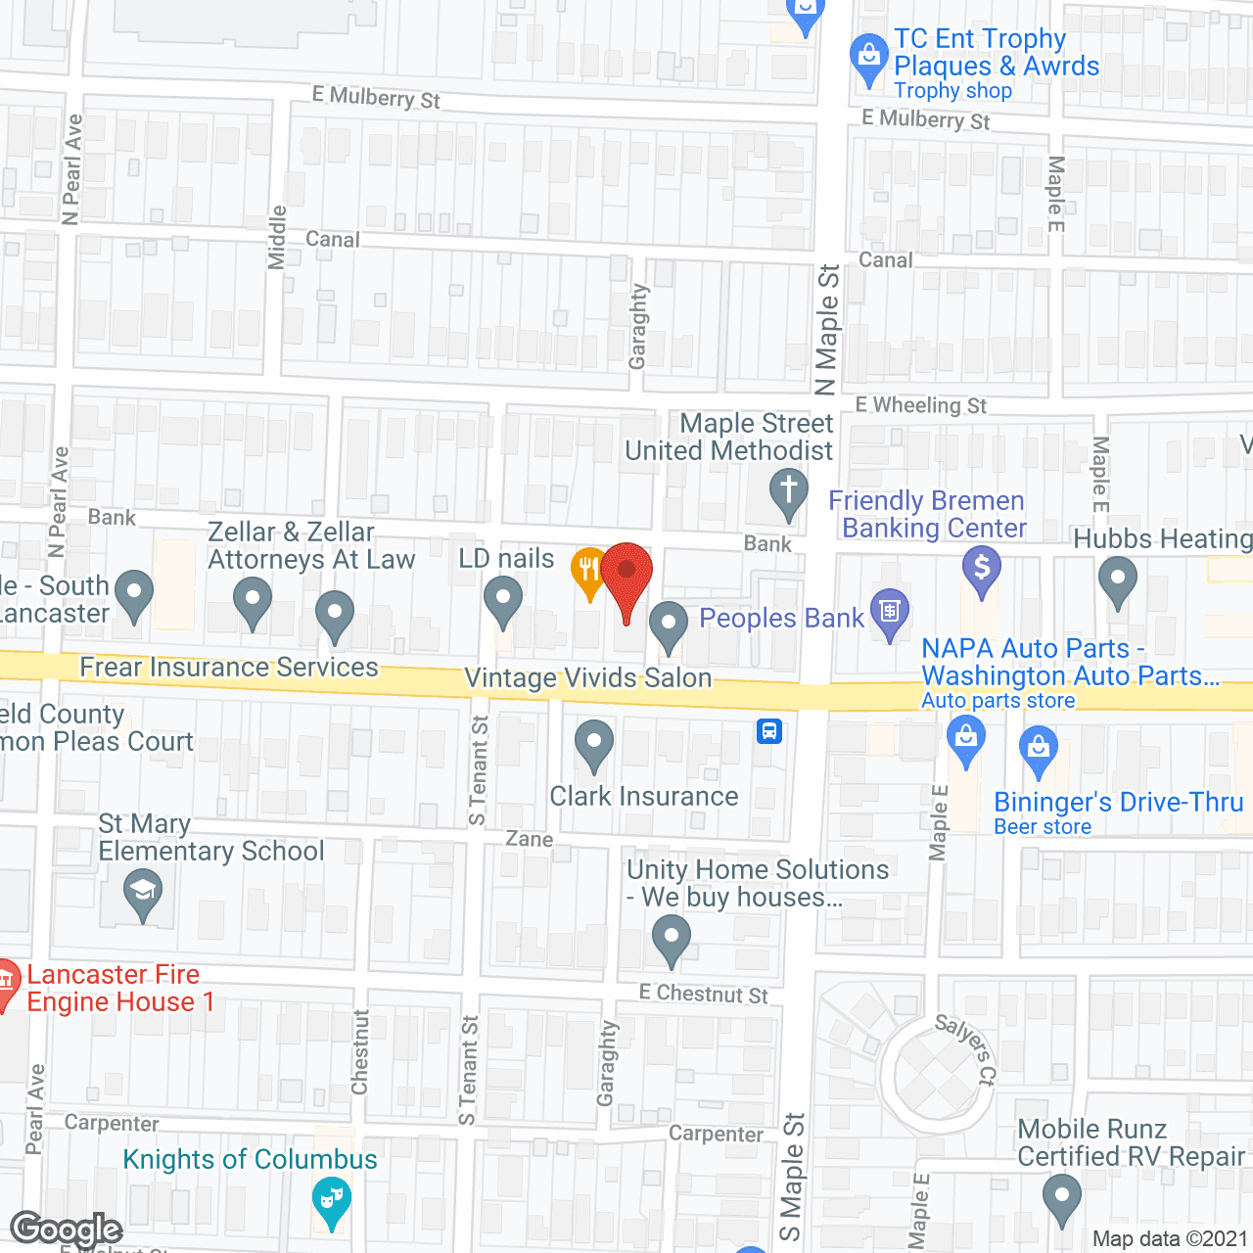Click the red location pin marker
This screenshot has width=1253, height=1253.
[x=626, y=572]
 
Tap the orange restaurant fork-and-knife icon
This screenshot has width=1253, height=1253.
[x=588, y=571]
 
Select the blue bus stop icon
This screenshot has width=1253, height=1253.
[x=769, y=730]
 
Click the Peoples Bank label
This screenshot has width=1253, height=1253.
[x=781, y=619]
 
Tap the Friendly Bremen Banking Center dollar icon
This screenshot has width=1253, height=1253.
[x=981, y=568]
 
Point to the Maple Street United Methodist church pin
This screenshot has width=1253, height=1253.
[x=788, y=490]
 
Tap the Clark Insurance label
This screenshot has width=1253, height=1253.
[x=643, y=797]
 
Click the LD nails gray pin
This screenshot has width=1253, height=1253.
[x=503, y=598]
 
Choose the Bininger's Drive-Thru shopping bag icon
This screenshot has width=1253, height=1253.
[x=1039, y=748]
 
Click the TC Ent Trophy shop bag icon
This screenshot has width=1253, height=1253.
[x=868, y=57]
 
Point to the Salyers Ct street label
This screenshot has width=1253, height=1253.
[x=965, y=1049]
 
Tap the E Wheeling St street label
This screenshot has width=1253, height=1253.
[x=920, y=405]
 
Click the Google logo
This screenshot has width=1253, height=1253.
[x=66, y=1230]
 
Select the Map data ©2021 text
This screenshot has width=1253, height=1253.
[x=1169, y=1238]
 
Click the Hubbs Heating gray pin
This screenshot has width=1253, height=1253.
[x=1117, y=579]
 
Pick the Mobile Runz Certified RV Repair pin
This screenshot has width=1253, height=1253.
[x=1061, y=1196]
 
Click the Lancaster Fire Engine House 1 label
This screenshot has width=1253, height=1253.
[x=113, y=989]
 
